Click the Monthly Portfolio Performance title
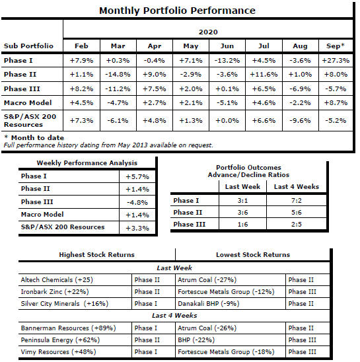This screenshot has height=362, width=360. [177, 11]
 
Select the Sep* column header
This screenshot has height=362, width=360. [336, 46]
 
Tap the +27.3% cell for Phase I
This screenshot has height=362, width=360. [336, 61]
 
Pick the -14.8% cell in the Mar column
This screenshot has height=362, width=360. [118, 75]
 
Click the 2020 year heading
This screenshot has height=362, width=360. [208, 32]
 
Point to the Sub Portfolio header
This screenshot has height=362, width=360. [28, 46]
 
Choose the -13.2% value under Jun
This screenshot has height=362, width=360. [227, 61]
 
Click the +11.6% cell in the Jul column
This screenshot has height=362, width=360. [264, 75]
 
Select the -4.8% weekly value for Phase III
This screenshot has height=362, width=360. [137, 203]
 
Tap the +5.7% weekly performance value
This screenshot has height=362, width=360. [137, 177]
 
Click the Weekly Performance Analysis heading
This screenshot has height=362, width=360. [87, 163]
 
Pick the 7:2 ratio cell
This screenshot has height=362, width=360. [297, 200]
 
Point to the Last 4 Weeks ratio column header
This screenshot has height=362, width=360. [297, 186]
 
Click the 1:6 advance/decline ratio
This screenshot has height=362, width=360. [242, 224]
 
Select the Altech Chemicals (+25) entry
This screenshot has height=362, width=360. [57, 280]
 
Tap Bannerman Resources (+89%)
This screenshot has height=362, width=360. [68, 328]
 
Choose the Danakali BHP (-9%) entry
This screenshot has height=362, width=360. [209, 304]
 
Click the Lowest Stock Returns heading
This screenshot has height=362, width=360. [253, 254]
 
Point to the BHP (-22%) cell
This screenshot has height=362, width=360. [196, 340]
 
